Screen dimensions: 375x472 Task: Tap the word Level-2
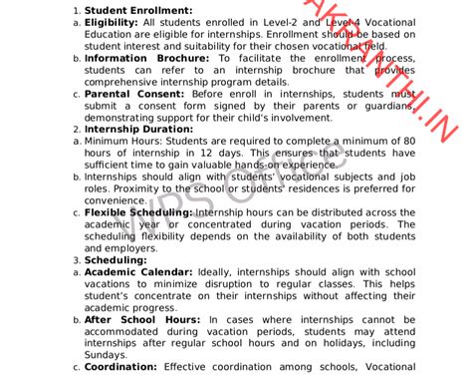[277, 22]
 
